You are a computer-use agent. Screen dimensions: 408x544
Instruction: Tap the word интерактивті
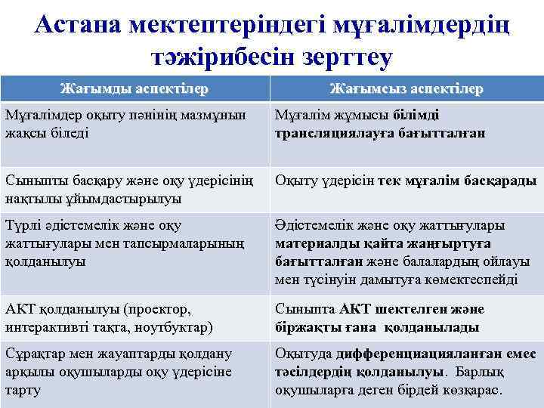tap(46, 327)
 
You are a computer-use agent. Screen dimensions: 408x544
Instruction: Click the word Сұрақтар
tap(34, 354)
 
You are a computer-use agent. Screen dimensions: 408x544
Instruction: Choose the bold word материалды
tap(311, 244)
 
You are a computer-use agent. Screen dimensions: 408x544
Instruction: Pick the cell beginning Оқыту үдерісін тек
tap(406, 181)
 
